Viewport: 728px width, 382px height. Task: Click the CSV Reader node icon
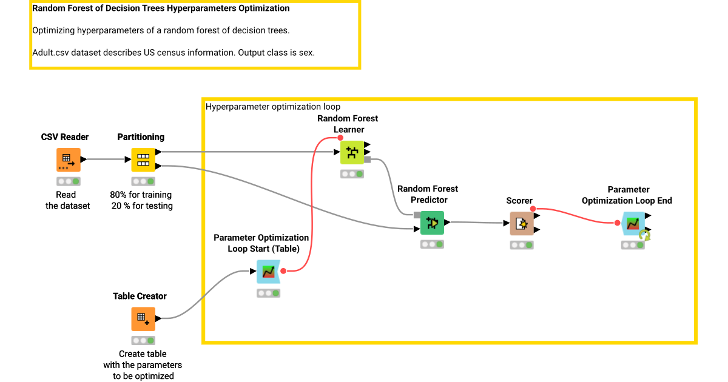68,159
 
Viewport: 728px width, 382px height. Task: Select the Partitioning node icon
143,159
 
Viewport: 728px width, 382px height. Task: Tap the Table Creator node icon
143,318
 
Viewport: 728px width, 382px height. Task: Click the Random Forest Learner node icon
352,152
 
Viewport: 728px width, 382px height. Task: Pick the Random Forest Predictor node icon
432,223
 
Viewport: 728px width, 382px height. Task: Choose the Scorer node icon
521,223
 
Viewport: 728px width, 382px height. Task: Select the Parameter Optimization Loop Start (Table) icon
268,272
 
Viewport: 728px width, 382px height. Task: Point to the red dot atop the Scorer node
533,209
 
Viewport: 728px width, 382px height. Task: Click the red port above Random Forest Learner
340,138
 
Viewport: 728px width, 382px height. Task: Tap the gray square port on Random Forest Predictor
417,215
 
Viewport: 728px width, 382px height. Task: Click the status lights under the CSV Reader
68,181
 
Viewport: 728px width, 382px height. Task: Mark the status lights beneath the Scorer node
521,246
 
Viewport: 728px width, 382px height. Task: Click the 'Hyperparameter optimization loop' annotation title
273,107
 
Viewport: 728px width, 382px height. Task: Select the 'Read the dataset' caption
67,200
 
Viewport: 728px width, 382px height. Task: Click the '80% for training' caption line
141,195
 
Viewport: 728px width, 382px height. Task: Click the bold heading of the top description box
161,8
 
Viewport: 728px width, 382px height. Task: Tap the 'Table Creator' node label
140,296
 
